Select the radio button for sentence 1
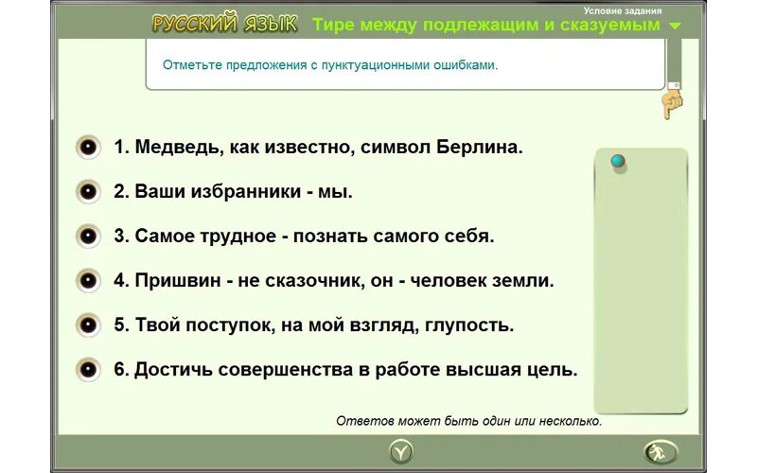pos(88,147)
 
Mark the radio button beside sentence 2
pos(88,191)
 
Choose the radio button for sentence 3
pos(88,236)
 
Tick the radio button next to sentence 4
pos(88,280)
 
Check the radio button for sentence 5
pos(88,324)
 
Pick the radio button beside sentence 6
pos(88,369)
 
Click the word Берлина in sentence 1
pos(480,148)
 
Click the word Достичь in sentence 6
pos(173,369)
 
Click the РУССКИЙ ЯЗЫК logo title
pos(224,25)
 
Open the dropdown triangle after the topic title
pos(675,26)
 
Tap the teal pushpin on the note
pos(618,162)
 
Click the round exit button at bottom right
pos(660,451)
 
